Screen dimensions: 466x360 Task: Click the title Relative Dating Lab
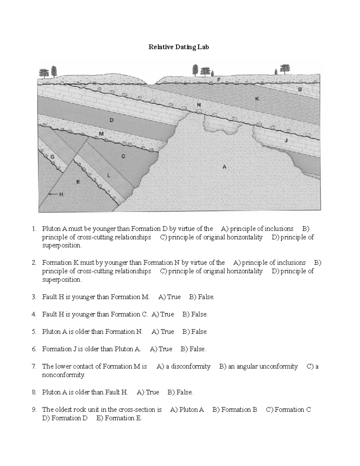(x=178, y=47)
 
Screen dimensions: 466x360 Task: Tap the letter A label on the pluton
(x=224, y=167)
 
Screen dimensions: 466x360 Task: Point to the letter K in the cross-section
(x=257, y=98)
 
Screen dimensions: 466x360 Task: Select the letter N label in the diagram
(x=199, y=105)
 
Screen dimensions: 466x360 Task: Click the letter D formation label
(x=112, y=120)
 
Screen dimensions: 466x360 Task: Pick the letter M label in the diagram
(x=101, y=134)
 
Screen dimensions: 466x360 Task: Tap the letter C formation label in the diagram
(x=123, y=156)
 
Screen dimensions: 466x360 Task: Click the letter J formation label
(x=286, y=140)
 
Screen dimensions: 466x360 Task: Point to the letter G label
(x=52, y=157)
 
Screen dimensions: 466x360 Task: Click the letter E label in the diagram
(x=78, y=182)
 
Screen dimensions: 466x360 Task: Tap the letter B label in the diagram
(x=299, y=89)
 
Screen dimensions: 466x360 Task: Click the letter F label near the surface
(x=218, y=80)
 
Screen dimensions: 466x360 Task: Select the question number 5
(x=34, y=332)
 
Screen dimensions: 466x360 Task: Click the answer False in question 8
(x=184, y=392)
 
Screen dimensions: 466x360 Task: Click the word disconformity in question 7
(x=190, y=366)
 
